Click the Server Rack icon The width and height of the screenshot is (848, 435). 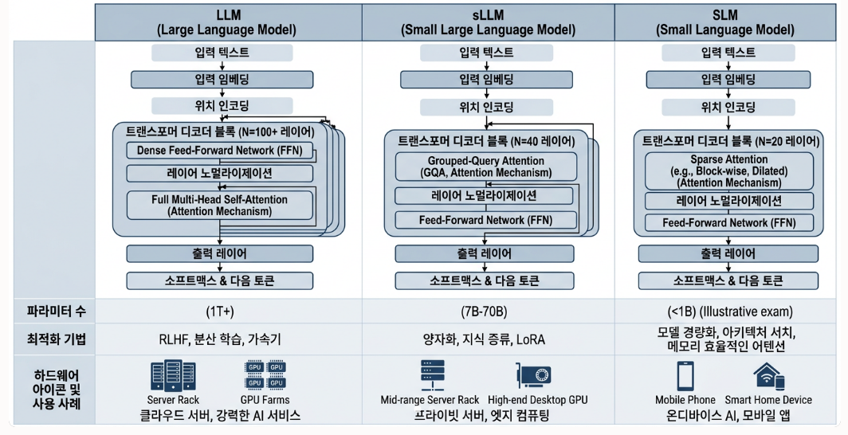click(173, 375)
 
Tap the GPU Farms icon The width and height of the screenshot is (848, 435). click(265, 375)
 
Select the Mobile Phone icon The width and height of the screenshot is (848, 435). click(685, 376)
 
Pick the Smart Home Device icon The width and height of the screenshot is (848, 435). click(768, 376)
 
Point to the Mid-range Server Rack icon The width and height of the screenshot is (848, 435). click(431, 375)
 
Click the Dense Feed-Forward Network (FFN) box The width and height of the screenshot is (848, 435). click(220, 151)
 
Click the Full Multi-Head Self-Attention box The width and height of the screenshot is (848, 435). click(220, 205)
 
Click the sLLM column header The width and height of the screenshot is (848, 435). click(487, 22)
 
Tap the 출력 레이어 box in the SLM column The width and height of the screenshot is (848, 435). click(728, 254)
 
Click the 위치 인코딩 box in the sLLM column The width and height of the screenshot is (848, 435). click(486, 107)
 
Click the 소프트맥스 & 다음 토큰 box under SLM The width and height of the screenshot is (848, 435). click(728, 280)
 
